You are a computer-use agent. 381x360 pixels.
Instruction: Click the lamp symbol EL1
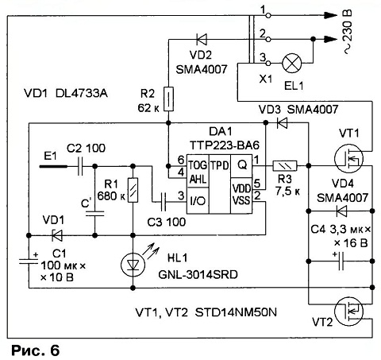(292, 63)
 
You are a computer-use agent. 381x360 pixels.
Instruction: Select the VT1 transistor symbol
(348, 159)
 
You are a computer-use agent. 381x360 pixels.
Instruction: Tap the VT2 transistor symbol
(348, 312)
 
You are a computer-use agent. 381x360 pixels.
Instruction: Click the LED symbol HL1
(133, 264)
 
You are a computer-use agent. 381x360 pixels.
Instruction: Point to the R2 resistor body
(168, 99)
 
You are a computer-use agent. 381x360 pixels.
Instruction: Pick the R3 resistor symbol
(285, 166)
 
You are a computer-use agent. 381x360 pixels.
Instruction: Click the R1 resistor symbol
(133, 190)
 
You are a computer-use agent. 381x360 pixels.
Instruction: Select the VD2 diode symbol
(202, 40)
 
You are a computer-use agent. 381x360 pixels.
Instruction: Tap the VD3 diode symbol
(282, 122)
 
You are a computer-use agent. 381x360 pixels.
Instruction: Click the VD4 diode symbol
(341, 211)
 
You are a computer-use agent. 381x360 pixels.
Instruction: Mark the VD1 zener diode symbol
(56, 235)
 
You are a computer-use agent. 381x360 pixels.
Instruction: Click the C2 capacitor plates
(80, 166)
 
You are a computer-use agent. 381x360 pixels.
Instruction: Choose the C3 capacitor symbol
(164, 202)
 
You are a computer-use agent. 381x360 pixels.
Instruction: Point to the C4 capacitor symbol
(341, 261)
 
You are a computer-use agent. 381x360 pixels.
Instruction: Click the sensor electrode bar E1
(53, 166)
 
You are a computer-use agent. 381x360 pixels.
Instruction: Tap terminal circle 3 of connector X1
(268, 64)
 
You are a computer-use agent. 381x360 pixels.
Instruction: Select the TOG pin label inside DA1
(198, 165)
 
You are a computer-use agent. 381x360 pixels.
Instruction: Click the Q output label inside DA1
(242, 165)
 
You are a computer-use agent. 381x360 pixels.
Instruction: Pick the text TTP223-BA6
(225, 145)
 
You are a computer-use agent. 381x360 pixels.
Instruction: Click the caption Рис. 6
(35, 350)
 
